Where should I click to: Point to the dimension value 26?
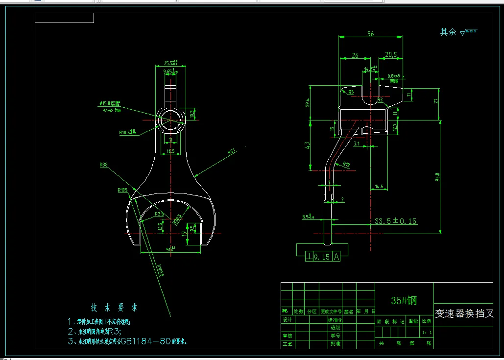click(355, 55)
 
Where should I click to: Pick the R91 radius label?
click(232, 152)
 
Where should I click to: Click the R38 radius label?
click(103, 165)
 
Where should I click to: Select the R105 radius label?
click(122, 190)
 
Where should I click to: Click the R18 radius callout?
click(346, 164)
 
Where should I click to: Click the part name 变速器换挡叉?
click(464, 313)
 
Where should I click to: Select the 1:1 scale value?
click(427, 333)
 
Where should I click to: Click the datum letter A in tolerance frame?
click(336, 256)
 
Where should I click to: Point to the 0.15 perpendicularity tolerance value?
click(322, 256)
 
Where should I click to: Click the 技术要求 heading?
click(114, 308)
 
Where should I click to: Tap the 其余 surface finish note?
click(448, 32)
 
